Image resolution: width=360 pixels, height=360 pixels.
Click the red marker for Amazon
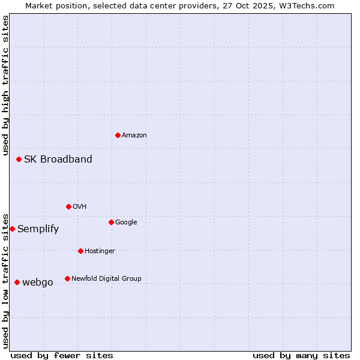(118, 135)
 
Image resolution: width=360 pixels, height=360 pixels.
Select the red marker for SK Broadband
(19, 159)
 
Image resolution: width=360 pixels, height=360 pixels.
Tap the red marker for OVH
(68, 206)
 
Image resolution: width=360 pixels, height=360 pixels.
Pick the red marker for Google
(111, 222)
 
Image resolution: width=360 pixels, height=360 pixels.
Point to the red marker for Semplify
(12, 229)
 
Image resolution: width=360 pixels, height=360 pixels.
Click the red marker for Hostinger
(80, 251)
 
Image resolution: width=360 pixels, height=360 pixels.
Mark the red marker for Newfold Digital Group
(67, 278)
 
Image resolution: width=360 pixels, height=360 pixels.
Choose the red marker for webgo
(17, 282)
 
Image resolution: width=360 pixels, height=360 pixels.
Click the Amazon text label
(134, 135)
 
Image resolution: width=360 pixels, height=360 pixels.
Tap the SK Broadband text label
(58, 159)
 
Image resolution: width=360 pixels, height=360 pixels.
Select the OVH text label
(80, 206)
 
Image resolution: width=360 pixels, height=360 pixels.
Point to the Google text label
(126, 222)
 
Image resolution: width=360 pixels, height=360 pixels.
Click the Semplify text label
(38, 229)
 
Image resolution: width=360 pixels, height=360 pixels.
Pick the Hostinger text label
(100, 251)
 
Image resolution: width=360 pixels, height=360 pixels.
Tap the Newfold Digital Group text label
(106, 278)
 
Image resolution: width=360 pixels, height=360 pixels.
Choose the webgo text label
(38, 282)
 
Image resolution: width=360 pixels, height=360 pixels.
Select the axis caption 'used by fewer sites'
(62, 355)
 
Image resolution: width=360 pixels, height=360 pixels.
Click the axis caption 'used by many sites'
(301, 355)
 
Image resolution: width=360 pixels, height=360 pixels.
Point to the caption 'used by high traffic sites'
(5, 85)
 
